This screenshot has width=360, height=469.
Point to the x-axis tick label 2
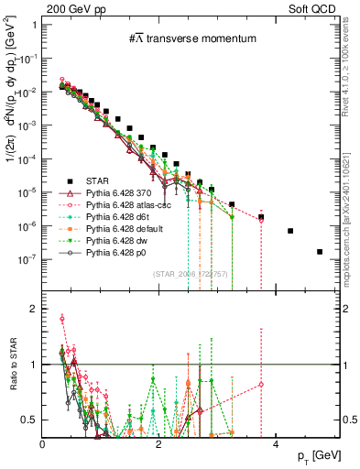pos(159,443)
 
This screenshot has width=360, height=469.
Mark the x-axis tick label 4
pos(277,443)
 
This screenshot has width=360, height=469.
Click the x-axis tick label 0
pos(43,443)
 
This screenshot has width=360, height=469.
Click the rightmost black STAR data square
pos(320,252)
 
